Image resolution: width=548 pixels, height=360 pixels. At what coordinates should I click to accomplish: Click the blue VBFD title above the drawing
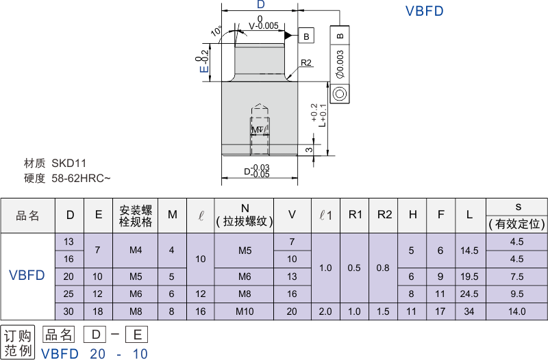point(425,11)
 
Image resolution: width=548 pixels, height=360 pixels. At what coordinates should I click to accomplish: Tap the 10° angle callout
point(216,32)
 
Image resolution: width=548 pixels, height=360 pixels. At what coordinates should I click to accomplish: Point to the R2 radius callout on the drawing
point(306,63)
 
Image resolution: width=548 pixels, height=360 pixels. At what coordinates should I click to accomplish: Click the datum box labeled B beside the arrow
point(306,36)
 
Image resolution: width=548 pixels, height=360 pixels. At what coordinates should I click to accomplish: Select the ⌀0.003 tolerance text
point(340,65)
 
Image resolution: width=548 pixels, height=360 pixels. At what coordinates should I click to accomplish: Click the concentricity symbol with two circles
point(340,94)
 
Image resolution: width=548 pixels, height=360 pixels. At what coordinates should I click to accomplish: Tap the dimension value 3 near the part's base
point(309,149)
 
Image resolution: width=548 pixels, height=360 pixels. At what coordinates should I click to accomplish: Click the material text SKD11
point(69,164)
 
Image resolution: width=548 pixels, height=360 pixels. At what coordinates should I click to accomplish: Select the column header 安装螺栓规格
point(136,215)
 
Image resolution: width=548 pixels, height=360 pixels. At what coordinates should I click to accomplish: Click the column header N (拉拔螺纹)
point(245,215)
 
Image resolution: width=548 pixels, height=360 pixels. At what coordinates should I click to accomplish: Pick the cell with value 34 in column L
point(469,311)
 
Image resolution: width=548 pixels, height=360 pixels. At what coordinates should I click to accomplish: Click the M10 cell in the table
point(245,311)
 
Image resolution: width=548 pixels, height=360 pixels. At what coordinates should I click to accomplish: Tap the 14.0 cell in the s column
point(516,311)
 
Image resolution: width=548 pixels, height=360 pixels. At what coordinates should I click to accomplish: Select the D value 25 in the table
point(69,294)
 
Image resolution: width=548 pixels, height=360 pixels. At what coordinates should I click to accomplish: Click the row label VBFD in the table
point(27,276)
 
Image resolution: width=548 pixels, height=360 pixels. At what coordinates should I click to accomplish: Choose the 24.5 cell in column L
point(469,294)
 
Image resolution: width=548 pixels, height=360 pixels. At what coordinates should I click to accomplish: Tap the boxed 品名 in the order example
point(58,335)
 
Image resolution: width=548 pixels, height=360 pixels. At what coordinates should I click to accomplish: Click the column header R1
point(355,215)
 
